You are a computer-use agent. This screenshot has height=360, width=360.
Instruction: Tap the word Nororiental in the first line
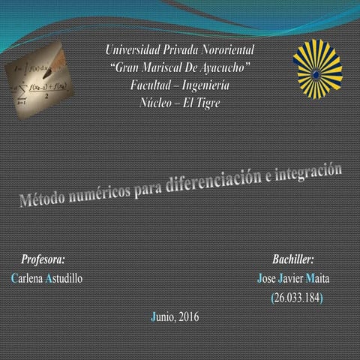point(223,52)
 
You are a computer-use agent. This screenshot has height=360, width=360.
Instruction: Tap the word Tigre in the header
point(205,102)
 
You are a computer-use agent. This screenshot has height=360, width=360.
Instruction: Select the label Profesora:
point(43,259)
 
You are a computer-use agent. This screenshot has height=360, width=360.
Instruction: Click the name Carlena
point(27,278)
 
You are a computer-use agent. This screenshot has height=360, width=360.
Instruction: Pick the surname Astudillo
point(64,278)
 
